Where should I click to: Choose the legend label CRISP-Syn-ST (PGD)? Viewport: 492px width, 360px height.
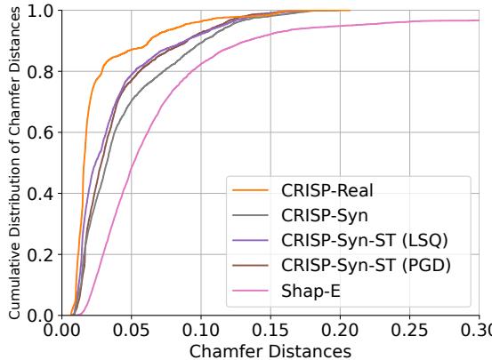(x=366, y=263)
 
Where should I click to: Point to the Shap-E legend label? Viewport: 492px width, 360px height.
(x=312, y=288)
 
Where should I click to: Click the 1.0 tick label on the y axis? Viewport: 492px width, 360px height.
(x=40, y=12)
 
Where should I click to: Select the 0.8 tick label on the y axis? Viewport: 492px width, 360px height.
(x=40, y=72)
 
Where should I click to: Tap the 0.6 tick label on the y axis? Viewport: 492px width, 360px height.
(x=40, y=132)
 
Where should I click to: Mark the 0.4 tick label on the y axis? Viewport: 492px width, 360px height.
(x=40, y=194)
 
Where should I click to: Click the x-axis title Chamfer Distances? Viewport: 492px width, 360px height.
(x=270, y=348)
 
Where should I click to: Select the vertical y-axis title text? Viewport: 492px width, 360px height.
(x=13, y=164)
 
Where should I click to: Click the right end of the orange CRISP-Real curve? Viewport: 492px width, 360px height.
(x=350, y=11)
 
